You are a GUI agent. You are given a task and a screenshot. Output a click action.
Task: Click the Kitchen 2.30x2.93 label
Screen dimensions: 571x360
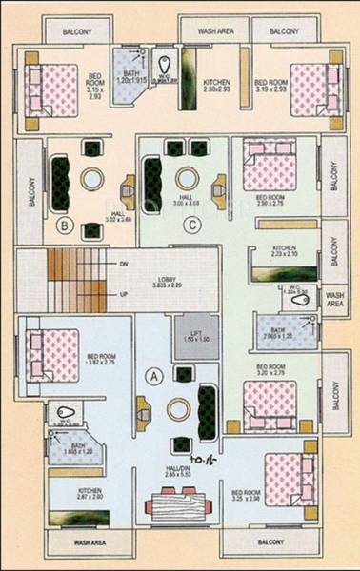[x=216, y=87]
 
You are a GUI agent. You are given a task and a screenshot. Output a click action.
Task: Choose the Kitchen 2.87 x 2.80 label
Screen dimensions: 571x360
[x=90, y=495]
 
